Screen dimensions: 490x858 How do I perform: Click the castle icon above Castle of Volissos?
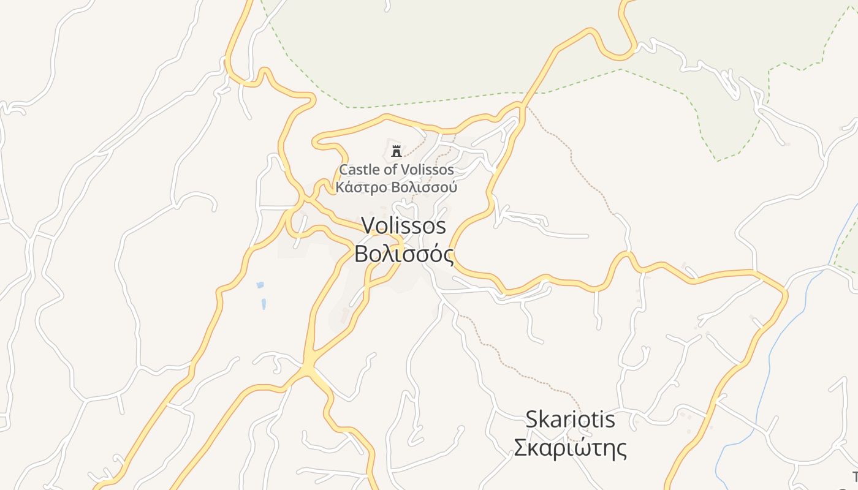(x=397, y=151)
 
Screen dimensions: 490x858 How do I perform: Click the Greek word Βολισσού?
(x=423, y=187)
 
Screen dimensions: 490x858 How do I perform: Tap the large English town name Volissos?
(x=404, y=225)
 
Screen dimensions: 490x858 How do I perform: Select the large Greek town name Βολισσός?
(x=404, y=254)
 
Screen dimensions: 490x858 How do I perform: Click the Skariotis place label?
(x=570, y=420)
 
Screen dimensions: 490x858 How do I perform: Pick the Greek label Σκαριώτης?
(x=570, y=448)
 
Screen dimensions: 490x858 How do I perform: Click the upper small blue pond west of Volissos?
(x=260, y=285)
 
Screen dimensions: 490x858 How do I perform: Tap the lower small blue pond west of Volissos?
(x=264, y=303)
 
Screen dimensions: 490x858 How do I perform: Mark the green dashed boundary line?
(x=429, y=100)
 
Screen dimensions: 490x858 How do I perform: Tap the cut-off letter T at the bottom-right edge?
(x=855, y=477)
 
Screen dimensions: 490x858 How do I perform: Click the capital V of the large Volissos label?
(x=368, y=225)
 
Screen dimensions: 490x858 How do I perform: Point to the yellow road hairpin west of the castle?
(x=317, y=143)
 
